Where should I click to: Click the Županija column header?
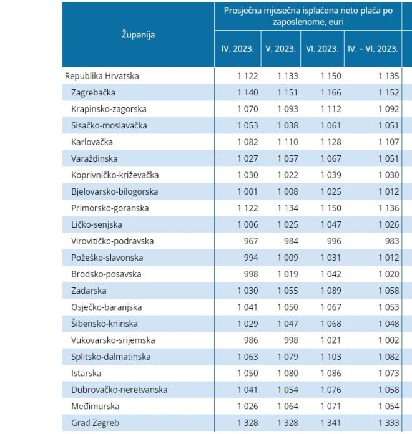138,35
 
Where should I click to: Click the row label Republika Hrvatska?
102,76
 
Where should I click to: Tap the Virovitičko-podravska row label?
112,241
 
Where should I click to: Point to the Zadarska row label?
89,291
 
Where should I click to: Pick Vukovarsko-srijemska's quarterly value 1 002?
388,340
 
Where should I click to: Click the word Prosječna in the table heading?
245,12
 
